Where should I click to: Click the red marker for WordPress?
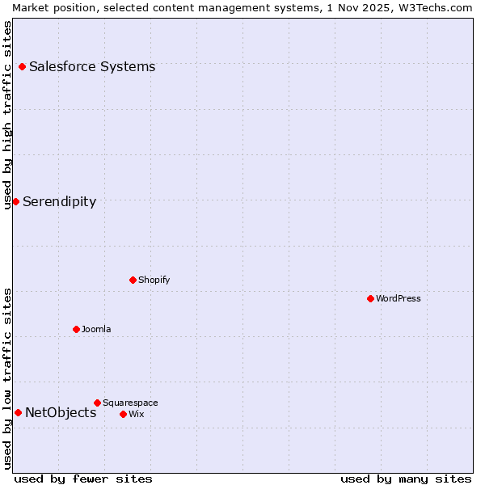click(370, 298)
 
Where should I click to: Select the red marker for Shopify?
click(133, 280)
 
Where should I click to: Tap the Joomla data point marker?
click(76, 329)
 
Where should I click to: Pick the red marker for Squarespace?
click(97, 403)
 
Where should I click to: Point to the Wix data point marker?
click(123, 414)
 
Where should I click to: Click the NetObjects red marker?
click(18, 412)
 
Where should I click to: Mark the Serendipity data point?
click(15, 201)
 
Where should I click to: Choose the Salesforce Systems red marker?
click(22, 66)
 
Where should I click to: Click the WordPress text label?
click(399, 298)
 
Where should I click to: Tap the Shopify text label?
click(154, 280)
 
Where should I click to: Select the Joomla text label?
click(96, 329)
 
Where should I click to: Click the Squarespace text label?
click(130, 403)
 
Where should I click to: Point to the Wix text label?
click(137, 414)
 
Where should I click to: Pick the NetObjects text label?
click(61, 412)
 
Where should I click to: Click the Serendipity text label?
click(59, 201)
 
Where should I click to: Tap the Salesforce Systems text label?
click(92, 66)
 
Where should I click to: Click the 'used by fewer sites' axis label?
click(83, 479)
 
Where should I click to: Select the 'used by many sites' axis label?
click(406, 479)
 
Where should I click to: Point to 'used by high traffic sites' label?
click(7, 115)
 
